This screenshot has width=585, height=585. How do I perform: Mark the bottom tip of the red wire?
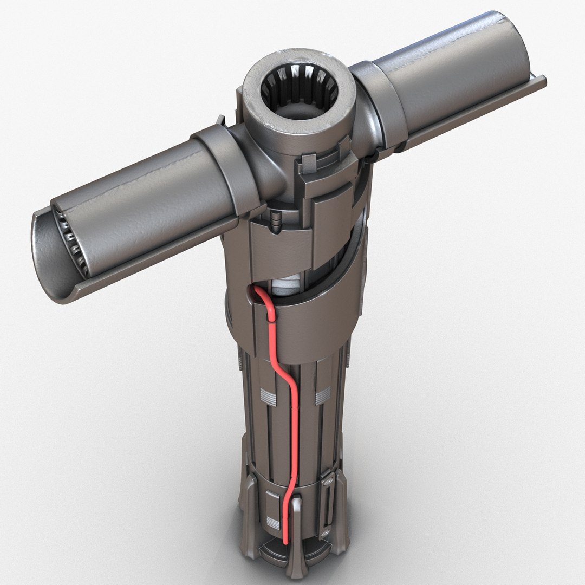(285, 542)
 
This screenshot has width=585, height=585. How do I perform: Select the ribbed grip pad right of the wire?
(323, 397)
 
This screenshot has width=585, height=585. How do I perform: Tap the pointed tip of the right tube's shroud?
(543, 81)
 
